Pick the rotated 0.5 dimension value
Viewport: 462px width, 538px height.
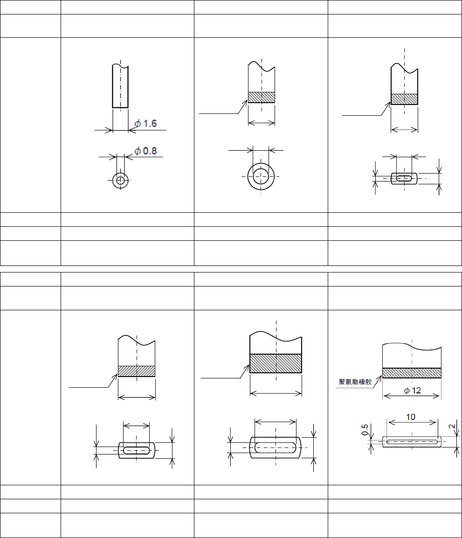pyautogui.click(x=365, y=429)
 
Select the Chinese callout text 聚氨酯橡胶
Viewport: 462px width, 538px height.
pyautogui.click(x=355, y=382)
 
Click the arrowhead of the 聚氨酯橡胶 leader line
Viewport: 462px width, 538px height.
pyautogui.click(x=381, y=376)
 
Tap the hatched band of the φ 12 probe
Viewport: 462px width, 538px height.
pyautogui.click(x=412, y=373)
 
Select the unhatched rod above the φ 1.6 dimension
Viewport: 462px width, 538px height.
pyautogui.click(x=120, y=86)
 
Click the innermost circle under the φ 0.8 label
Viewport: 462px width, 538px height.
pyautogui.click(x=121, y=180)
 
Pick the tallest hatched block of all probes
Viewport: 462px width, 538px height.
pyautogui.click(x=276, y=363)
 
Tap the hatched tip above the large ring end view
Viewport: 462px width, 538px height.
pyautogui.click(x=262, y=97)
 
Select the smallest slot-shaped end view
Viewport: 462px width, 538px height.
pyautogui.click(x=404, y=178)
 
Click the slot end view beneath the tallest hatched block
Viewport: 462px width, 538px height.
pyautogui.click(x=276, y=448)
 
